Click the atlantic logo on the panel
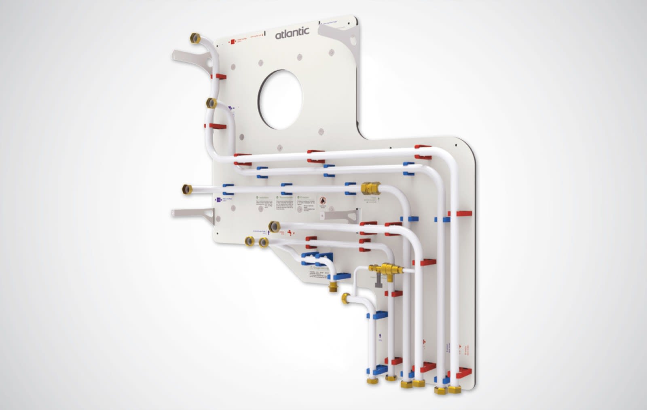[292, 33]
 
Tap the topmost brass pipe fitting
[195, 38]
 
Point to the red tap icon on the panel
[290, 233]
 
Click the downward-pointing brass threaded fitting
[333, 288]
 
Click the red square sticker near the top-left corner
[233, 41]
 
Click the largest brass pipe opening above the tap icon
[275, 226]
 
